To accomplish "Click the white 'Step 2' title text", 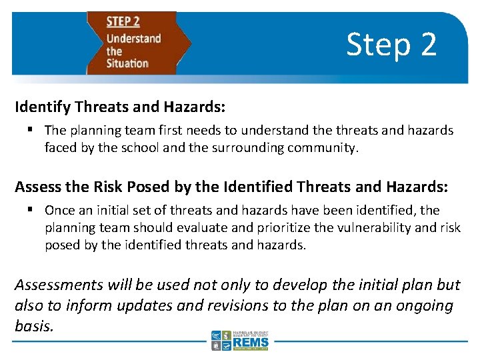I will (x=391, y=45).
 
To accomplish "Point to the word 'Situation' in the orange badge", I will (x=127, y=63).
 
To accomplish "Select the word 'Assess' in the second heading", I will (x=37, y=186).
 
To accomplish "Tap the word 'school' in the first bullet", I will (x=139, y=147).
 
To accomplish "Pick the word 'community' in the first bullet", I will (x=322, y=147).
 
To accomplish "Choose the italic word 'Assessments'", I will (x=59, y=285).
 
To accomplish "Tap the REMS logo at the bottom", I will (x=240, y=340).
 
